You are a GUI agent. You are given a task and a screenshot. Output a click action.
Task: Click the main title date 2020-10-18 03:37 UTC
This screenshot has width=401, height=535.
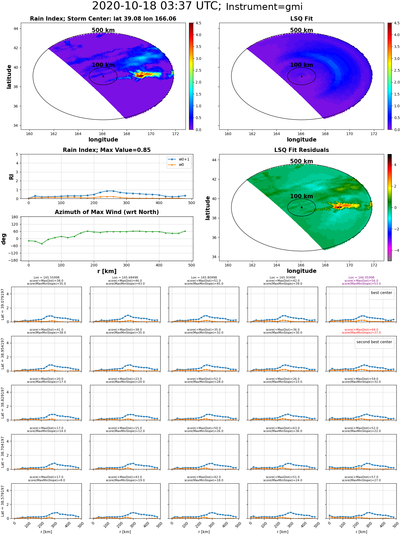click(x=157, y=6)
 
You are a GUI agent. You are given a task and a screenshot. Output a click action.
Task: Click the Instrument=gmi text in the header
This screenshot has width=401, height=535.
click(x=264, y=7)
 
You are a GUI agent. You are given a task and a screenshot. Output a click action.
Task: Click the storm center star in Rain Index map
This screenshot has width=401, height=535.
click(x=103, y=76)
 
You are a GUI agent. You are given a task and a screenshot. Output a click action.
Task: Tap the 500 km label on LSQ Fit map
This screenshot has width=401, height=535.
click(x=302, y=30)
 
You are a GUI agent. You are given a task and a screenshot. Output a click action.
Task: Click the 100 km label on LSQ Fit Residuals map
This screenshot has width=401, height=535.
click(x=302, y=196)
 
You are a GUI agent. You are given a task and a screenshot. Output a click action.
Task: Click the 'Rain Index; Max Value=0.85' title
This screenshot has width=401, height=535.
click(x=107, y=150)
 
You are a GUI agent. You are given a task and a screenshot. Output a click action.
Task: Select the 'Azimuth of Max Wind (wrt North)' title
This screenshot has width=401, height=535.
click(x=107, y=212)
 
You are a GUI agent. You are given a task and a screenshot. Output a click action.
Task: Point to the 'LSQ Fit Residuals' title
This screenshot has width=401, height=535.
click(x=302, y=150)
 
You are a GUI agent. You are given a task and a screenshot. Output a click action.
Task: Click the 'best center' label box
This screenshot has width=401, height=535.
click(x=381, y=293)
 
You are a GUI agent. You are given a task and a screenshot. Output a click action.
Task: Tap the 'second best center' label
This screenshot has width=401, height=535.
click(x=374, y=342)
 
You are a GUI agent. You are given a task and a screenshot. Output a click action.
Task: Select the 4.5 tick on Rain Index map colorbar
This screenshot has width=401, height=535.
click(x=198, y=23)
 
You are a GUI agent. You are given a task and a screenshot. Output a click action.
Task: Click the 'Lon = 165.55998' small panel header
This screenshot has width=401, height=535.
click(x=47, y=278)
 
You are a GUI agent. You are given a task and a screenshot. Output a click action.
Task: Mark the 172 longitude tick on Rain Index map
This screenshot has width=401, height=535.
click(x=175, y=134)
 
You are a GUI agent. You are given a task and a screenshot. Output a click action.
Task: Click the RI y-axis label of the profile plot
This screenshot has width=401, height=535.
click(x=11, y=177)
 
